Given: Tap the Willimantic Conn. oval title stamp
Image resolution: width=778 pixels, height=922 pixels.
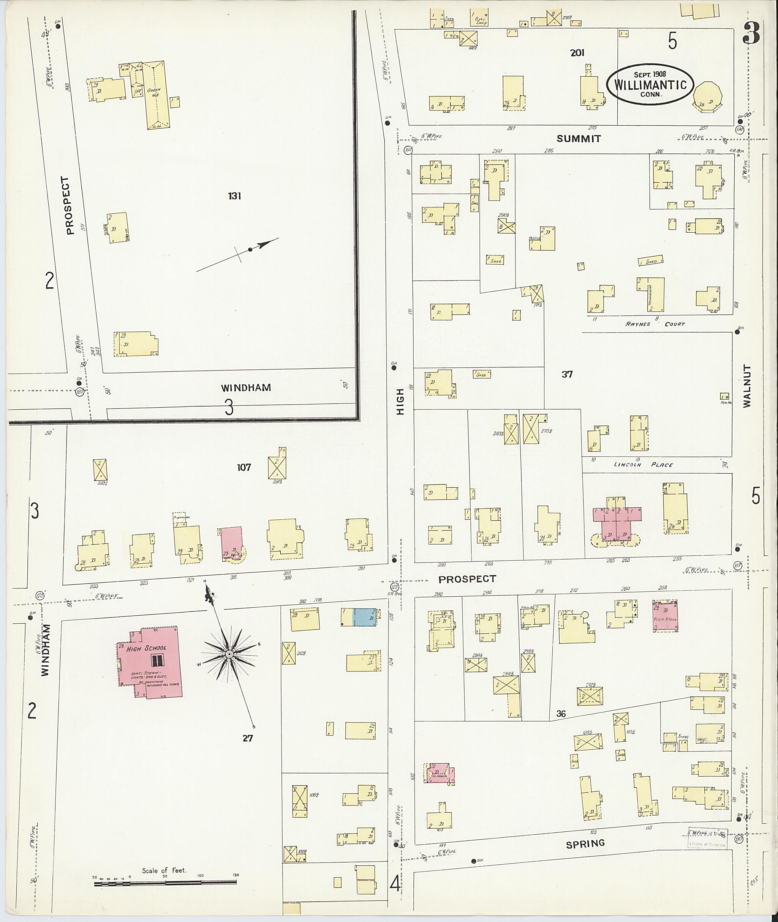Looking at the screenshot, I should (650, 85).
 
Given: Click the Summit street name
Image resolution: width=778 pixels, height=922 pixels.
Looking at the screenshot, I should (579, 139).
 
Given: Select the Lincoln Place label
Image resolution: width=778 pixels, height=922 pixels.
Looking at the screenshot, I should (644, 465).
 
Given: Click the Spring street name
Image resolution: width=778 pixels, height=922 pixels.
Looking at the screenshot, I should (585, 843).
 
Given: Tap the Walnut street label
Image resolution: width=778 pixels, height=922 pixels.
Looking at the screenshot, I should (746, 386).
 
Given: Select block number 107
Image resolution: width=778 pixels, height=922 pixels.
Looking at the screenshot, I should (244, 468).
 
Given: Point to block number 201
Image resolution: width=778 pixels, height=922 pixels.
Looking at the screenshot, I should (577, 53).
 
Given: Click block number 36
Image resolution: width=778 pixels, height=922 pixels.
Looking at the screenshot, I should (561, 714).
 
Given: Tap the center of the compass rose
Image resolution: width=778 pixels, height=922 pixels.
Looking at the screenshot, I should (229, 654).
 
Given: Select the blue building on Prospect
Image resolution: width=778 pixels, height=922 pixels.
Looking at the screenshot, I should (365, 617).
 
